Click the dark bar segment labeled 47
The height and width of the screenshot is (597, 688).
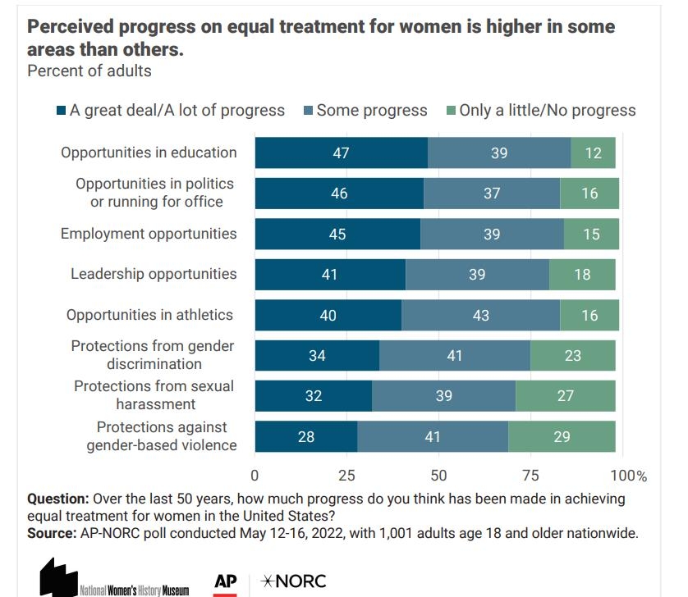point(341,153)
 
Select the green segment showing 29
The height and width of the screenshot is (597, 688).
point(562,436)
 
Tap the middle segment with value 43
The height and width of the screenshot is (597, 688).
point(481,315)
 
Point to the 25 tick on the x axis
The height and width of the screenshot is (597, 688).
point(346,476)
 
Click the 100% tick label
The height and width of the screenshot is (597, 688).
point(629,476)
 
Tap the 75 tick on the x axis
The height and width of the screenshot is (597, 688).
point(530,476)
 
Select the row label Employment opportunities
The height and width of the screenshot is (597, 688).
point(149,234)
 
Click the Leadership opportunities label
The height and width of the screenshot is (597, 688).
point(154,274)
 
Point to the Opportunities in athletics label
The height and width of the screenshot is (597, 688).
point(149,315)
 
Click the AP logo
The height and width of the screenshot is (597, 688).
point(226,582)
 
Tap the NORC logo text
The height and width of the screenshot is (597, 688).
point(293,581)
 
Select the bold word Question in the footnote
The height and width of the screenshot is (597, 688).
point(58,499)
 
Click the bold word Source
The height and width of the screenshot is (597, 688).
point(52,533)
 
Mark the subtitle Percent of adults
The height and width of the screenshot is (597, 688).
point(89,71)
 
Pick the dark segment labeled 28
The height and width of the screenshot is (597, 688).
point(305,436)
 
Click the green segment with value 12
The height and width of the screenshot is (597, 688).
point(593,153)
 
